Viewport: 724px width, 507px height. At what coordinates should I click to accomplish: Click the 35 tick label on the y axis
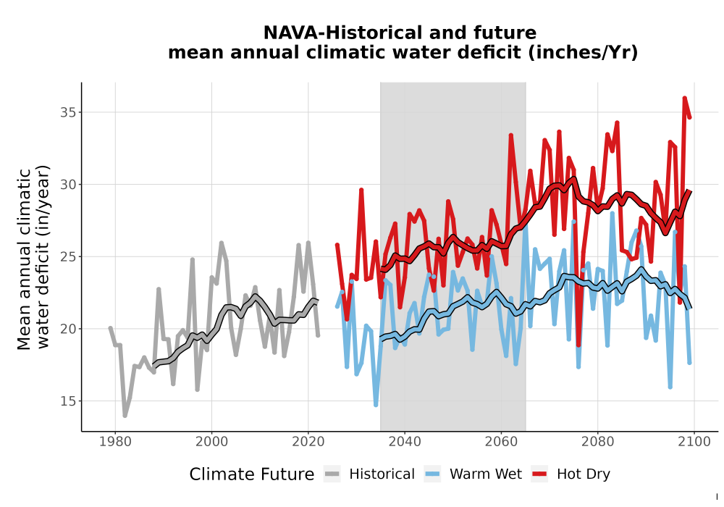[x=67, y=112]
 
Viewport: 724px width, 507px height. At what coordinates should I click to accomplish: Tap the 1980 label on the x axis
[x=115, y=442]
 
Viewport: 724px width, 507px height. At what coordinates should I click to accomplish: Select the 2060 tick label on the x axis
[x=501, y=442]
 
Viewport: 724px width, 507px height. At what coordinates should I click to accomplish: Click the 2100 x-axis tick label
[x=694, y=442]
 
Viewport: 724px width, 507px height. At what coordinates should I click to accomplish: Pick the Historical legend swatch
[x=332, y=474]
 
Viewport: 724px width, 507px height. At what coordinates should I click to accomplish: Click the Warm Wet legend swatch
[x=432, y=474]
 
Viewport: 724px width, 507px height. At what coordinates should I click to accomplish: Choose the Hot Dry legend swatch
[x=539, y=474]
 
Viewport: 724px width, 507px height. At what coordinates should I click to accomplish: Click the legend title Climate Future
[x=252, y=474]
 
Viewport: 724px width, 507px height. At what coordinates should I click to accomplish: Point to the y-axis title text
[x=33, y=257]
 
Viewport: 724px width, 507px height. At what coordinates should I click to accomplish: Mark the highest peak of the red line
[x=684, y=98]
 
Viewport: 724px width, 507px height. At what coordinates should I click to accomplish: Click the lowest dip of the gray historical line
[x=125, y=416]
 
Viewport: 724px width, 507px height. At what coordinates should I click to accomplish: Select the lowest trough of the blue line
[x=376, y=405]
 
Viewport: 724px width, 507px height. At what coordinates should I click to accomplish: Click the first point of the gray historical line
[x=110, y=328]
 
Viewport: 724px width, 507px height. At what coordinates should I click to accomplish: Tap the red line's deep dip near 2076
[x=578, y=345]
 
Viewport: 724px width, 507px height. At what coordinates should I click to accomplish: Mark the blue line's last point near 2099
[x=689, y=362]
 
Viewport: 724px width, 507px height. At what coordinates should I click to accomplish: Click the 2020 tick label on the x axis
[x=308, y=442]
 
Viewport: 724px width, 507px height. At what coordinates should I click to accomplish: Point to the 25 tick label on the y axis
[x=67, y=256]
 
